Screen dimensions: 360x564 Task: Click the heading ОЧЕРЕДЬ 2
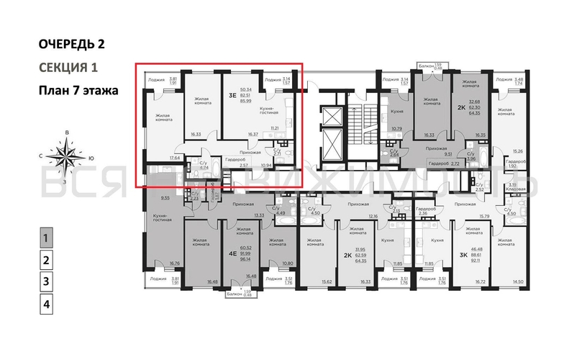tap(71, 44)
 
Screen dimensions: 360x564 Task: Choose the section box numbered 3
tap(46, 282)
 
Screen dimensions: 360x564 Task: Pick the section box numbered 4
tap(46, 304)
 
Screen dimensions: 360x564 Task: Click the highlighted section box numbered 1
tap(46, 238)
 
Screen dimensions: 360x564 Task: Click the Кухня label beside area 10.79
tap(395, 112)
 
